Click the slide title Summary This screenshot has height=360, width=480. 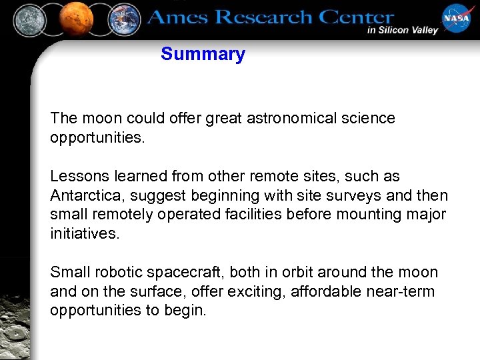(203, 54)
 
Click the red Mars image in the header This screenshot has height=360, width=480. (75, 19)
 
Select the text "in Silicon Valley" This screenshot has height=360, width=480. (402, 30)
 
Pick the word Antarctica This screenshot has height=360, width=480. (84, 196)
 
